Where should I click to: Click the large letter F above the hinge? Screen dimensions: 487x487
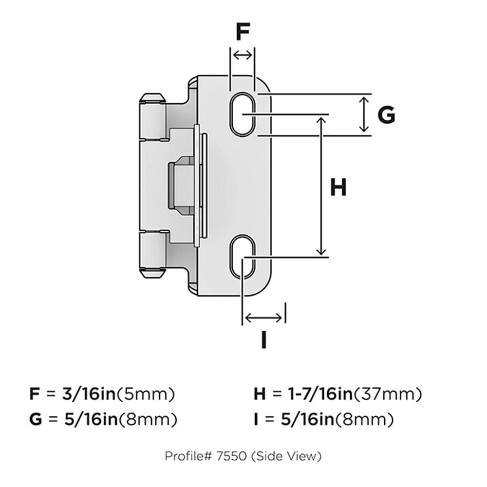coord(243,32)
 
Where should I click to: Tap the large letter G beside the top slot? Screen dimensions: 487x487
coord(386,114)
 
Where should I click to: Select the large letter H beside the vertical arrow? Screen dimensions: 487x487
coord(338,187)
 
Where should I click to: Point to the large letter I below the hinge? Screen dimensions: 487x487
coord(263,340)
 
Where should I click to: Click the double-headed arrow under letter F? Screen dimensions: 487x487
coord(243,56)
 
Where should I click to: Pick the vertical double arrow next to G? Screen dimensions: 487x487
coord(364,114)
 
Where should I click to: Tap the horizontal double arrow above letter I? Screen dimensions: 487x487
coord(263,318)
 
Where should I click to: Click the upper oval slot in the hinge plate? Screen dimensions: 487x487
coord(242,114)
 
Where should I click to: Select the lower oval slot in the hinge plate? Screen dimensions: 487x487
coord(242,257)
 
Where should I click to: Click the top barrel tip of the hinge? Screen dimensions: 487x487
coord(152,98)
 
